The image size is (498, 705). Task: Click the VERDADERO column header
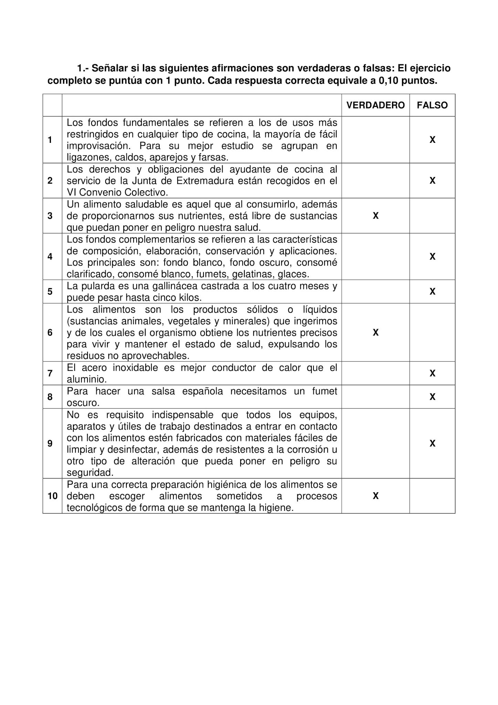pyautogui.click(x=375, y=105)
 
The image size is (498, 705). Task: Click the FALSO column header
pyautogui.click(x=432, y=105)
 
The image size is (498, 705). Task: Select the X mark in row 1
pyautogui.click(x=432, y=140)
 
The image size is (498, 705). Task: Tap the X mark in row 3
pyautogui.click(x=375, y=216)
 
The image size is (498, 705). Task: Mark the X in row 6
pyautogui.click(x=375, y=333)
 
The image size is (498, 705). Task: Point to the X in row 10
pyautogui.click(x=375, y=496)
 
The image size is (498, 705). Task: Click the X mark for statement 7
pyautogui.click(x=432, y=373)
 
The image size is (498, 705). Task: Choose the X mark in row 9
pyautogui.click(x=432, y=443)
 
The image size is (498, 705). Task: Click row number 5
pyautogui.click(x=50, y=292)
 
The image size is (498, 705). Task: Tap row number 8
pyautogui.click(x=50, y=397)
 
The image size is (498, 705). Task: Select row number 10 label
pyautogui.click(x=52, y=496)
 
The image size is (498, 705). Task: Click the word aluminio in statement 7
pyautogui.click(x=86, y=379)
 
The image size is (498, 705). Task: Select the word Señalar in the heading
pyautogui.click(x=110, y=68)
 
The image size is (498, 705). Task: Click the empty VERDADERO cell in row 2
pyautogui.click(x=375, y=181)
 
